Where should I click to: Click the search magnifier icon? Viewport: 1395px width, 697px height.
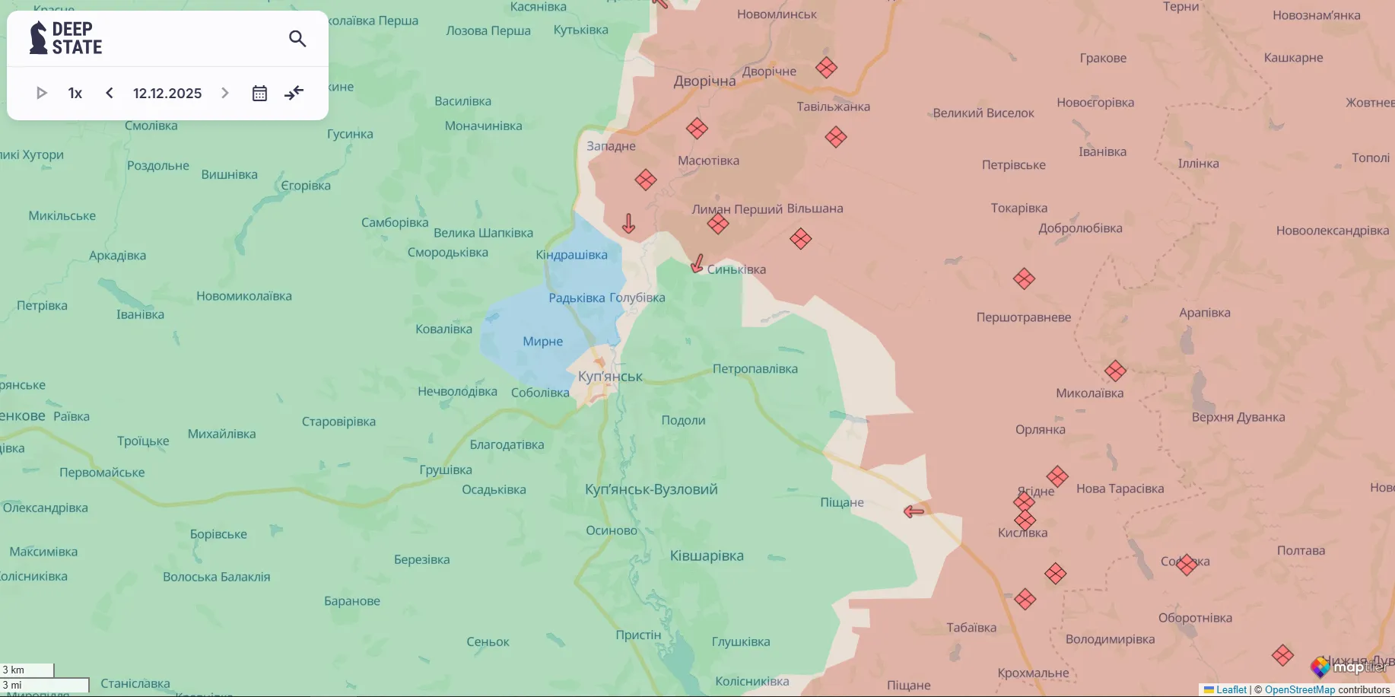[x=297, y=39]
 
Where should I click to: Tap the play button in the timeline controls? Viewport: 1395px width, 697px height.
[x=42, y=93]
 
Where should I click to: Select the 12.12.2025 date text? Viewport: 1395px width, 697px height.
[x=167, y=93]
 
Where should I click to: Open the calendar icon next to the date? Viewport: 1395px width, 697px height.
[x=259, y=93]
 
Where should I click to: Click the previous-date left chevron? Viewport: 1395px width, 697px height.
[x=110, y=93]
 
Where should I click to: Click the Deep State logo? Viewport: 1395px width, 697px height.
[x=65, y=38]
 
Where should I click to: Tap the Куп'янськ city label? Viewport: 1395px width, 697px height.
[x=610, y=376]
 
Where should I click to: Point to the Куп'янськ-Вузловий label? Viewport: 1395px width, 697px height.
[x=651, y=489]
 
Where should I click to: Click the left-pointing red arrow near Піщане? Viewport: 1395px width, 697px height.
[x=914, y=511]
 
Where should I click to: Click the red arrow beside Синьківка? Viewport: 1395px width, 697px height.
[x=697, y=264]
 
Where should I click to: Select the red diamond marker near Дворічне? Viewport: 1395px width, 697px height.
[x=826, y=68]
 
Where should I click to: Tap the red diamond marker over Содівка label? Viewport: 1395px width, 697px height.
[x=1187, y=564]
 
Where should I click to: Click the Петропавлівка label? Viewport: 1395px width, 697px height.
[x=755, y=369]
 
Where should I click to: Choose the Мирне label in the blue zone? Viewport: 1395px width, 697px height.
[x=542, y=342]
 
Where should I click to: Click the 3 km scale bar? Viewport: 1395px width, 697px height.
[x=27, y=670]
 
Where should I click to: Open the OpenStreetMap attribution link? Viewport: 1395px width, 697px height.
[x=1299, y=689]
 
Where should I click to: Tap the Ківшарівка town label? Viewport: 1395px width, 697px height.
[x=707, y=556]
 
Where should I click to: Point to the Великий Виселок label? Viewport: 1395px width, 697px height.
[x=983, y=113]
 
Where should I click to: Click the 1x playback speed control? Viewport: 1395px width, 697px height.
[x=75, y=93]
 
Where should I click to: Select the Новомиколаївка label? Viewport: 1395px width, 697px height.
[x=243, y=296]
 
